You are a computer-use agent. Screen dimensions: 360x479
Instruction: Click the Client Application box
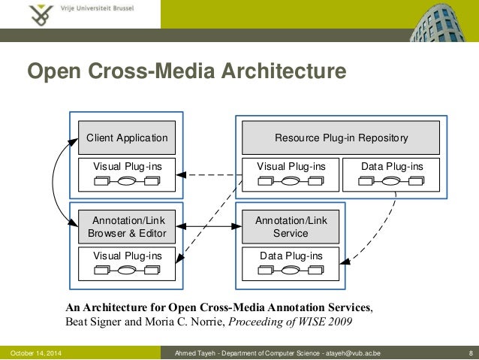(x=127, y=138)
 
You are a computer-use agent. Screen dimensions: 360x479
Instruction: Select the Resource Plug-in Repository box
(x=341, y=138)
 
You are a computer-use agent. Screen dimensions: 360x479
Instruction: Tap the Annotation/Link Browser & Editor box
(x=127, y=226)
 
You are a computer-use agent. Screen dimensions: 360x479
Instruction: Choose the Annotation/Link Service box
(x=291, y=226)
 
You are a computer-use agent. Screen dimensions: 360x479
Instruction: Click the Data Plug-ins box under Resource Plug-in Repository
(x=391, y=174)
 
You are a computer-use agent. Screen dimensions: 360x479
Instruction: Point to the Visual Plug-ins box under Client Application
(x=127, y=174)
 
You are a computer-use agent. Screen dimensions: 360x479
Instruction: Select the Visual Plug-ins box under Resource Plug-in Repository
(x=291, y=174)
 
